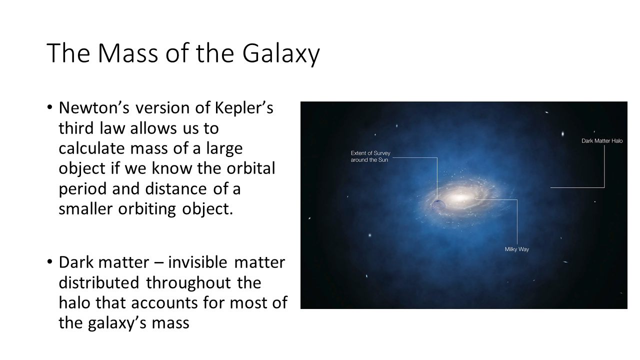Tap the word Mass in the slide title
128,53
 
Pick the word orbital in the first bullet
251,168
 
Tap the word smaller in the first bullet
85,208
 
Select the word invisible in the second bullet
197,262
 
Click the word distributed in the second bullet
99,282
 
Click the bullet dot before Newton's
50,107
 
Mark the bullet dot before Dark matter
50,262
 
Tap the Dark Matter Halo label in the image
602,141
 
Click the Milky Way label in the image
517,249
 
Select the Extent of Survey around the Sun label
370,156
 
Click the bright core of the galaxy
460,197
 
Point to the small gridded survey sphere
438,205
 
